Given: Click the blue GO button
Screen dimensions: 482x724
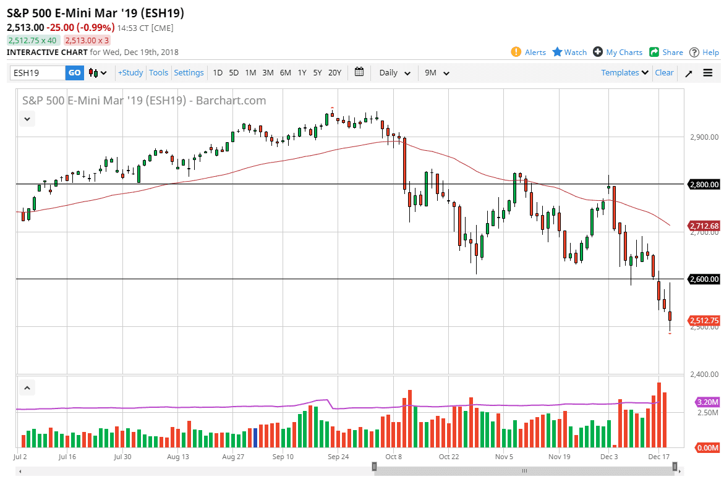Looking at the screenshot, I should (x=74, y=73).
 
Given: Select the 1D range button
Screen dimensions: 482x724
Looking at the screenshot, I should (x=218, y=73).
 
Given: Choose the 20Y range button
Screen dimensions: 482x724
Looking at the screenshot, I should (x=334, y=73).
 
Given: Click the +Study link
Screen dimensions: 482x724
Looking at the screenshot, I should (x=130, y=73).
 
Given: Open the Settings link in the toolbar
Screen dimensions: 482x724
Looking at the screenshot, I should (x=189, y=73).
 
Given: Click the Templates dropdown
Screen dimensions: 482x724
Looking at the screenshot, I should (x=624, y=73).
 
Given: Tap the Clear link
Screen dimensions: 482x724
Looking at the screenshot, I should (x=664, y=73).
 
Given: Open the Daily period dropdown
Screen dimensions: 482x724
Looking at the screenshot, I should (x=394, y=73).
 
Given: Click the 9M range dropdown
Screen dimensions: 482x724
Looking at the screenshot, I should (x=437, y=73).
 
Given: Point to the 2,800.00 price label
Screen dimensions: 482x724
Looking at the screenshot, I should (x=704, y=184).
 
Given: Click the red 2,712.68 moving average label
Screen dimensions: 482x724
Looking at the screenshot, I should (x=704, y=226).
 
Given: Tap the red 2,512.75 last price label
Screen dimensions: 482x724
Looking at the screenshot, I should (x=704, y=320).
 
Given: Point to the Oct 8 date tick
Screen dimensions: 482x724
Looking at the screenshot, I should (x=393, y=457).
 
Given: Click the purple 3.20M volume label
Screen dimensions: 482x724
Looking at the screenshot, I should (x=707, y=402).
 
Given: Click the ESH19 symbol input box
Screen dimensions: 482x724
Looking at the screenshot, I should (x=37, y=73).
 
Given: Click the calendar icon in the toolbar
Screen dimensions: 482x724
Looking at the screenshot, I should (x=359, y=72).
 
